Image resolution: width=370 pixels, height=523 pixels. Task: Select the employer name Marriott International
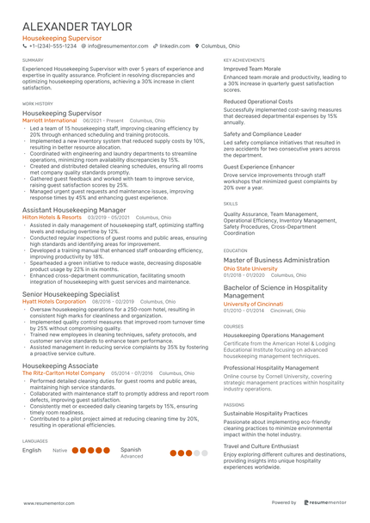50,121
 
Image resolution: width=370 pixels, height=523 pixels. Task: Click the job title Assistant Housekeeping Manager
79,210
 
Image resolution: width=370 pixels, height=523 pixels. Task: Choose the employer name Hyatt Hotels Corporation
54,302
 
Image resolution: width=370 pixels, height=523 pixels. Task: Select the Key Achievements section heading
244,60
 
